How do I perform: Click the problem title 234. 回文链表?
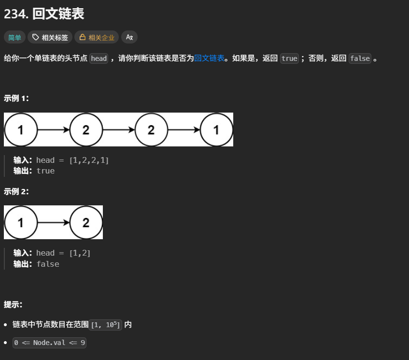pyautogui.click(x=44, y=14)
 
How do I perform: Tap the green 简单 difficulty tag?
pyautogui.click(x=15, y=37)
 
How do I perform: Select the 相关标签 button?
pyautogui.click(x=50, y=37)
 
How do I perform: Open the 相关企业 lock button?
pyautogui.click(x=97, y=37)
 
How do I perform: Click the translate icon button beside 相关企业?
pyautogui.click(x=129, y=37)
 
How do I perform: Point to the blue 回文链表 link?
pyautogui.click(x=209, y=58)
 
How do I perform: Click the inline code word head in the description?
pyautogui.click(x=99, y=58)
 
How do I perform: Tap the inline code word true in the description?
pyautogui.click(x=289, y=58)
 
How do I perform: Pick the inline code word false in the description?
pyautogui.click(x=360, y=58)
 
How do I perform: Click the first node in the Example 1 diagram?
pyautogui.click(x=21, y=130)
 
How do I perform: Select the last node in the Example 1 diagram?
pyautogui.click(x=216, y=130)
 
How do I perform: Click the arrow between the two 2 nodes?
pyautogui.click(x=119, y=130)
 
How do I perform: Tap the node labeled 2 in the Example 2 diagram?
pyautogui.click(x=86, y=222)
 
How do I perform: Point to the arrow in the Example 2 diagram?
pyautogui.click(x=54, y=222)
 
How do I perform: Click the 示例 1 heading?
pyautogui.click(x=16, y=98)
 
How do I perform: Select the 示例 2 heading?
pyautogui.click(x=16, y=191)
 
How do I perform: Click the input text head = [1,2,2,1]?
pyautogui.click(x=72, y=160)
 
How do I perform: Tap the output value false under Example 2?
pyautogui.click(x=48, y=264)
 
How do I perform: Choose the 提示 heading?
pyautogui.click(x=13, y=304)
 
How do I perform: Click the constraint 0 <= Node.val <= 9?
pyautogui.click(x=50, y=343)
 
